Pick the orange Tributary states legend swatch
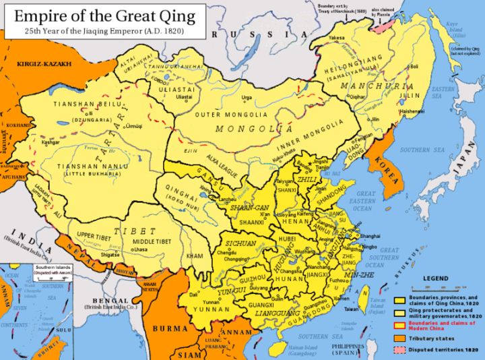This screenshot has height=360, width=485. point(399,335)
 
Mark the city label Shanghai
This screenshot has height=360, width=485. point(371,236)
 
